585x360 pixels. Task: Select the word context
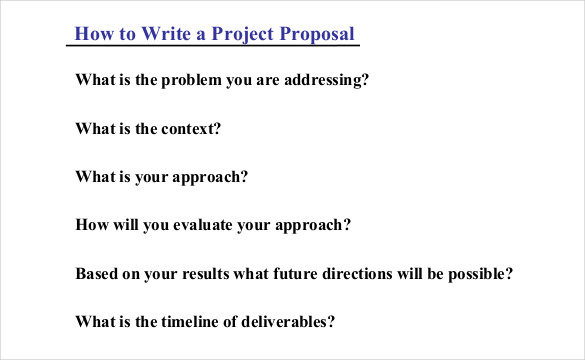coord(189,128)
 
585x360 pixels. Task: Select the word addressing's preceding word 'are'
coord(270,80)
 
